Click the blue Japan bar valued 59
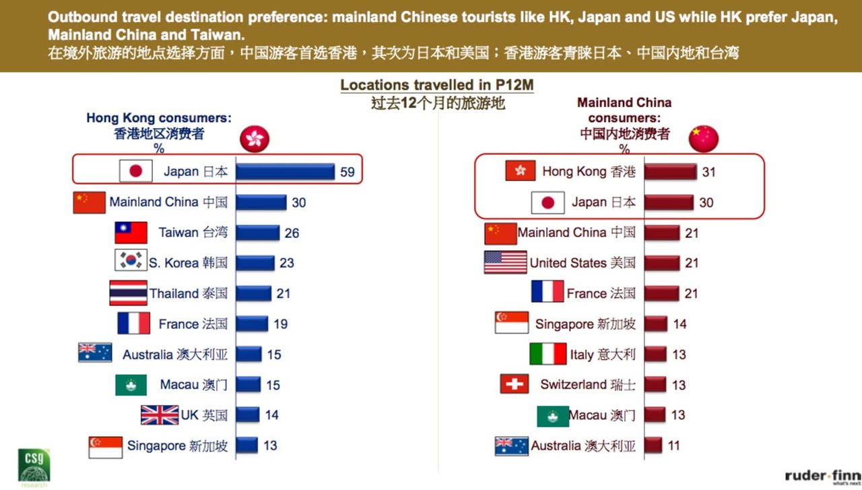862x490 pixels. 285,172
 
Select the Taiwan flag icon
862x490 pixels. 131,233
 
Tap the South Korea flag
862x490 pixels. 131,262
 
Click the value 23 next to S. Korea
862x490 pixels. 287,263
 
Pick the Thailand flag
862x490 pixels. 128,293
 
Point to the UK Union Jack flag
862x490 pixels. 160,415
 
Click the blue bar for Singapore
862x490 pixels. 246,446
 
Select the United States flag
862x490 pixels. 505,262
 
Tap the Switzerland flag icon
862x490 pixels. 515,384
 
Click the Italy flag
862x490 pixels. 548,354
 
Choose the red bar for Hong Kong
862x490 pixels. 670,172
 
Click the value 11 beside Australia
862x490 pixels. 673,446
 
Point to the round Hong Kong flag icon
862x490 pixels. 255,139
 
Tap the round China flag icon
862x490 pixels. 704,138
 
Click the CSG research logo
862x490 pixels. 34,465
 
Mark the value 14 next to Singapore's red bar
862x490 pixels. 679,324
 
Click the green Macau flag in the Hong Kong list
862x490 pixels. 131,385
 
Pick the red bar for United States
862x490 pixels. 661,263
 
